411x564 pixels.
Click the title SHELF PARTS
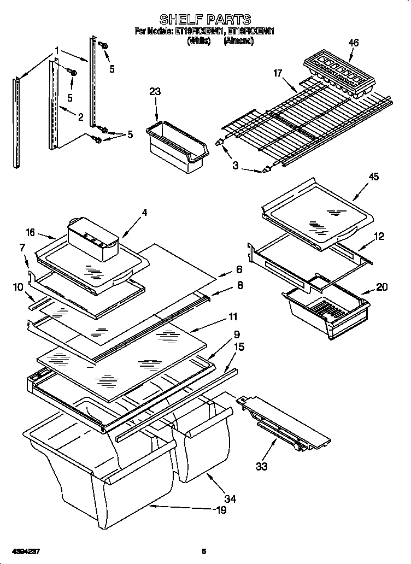205,20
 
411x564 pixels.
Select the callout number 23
155,92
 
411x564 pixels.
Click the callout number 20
382,287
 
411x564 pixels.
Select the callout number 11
233,316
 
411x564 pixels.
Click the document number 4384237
24,551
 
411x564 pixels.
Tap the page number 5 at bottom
204,551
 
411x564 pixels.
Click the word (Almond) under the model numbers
238,40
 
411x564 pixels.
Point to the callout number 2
80,116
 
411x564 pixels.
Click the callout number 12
379,236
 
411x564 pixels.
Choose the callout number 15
239,347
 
